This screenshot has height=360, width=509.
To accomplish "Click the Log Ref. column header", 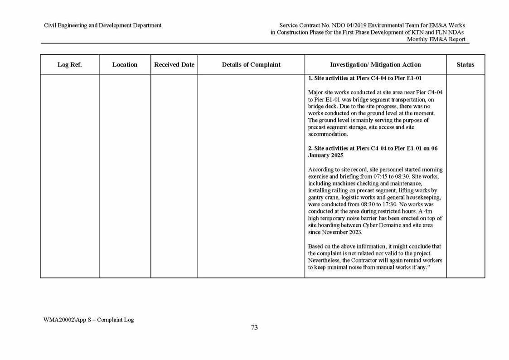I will click(69, 65).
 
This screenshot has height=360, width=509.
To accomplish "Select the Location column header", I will click(125, 65).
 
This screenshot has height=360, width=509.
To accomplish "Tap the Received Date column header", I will click(174, 65).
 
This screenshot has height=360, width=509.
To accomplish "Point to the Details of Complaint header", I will click(251, 65).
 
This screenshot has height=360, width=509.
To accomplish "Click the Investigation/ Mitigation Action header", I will click(375, 65).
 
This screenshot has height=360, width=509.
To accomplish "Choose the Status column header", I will click(465, 65).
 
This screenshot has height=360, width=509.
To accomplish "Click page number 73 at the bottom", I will click(254, 328).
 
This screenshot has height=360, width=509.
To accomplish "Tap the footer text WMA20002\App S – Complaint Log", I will click(88, 320).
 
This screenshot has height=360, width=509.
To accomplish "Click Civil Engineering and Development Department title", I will click(102, 25).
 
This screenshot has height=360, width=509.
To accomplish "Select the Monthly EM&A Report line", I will click(436, 39).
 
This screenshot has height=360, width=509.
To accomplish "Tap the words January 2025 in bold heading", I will click(325, 156).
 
